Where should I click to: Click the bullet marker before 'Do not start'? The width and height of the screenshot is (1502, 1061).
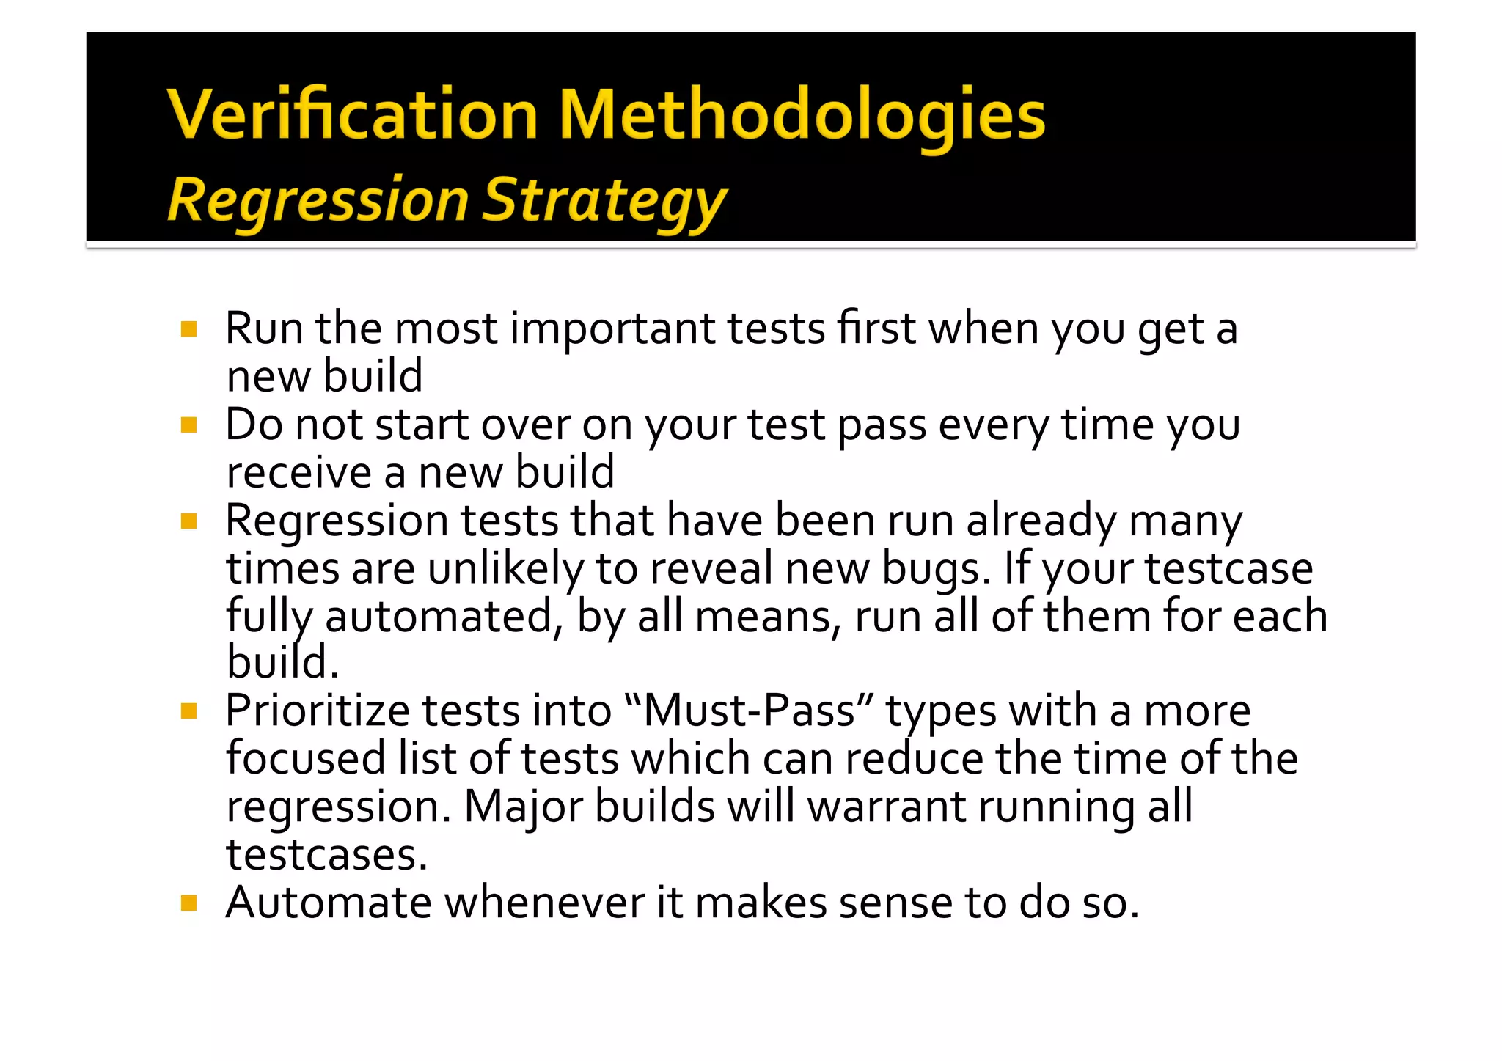(189, 425)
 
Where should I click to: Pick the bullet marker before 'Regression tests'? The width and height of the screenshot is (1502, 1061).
(189, 521)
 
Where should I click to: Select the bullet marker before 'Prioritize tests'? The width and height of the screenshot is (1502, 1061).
(189, 711)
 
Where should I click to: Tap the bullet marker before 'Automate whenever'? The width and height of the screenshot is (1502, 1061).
(189, 903)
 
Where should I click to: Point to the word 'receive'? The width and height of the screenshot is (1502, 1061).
(298, 472)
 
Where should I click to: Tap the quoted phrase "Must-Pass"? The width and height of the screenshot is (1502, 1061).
(749, 711)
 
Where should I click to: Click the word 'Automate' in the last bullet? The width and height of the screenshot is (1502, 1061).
(329, 903)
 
